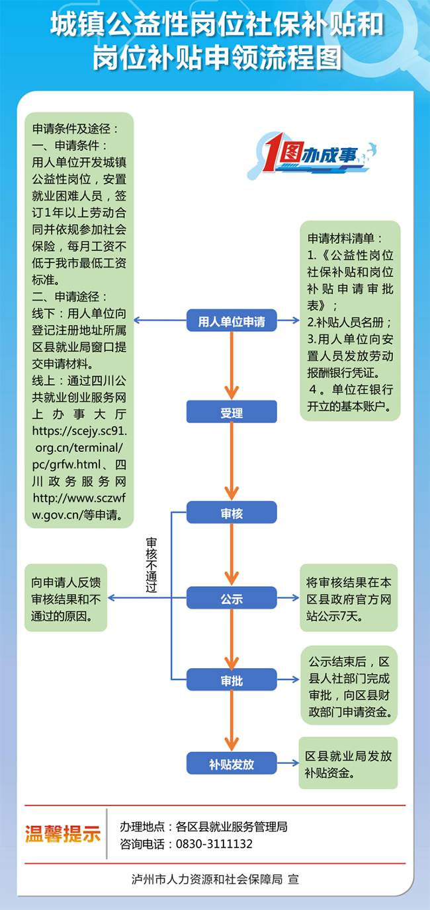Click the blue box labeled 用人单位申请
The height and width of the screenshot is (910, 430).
coord(232,321)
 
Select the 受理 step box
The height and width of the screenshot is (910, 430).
coord(232,412)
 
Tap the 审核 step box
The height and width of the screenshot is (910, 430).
coord(232,512)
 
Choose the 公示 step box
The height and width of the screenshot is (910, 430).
coord(232,597)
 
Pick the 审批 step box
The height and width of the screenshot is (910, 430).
coord(232,679)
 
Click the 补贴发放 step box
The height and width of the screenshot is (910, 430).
coord(232,763)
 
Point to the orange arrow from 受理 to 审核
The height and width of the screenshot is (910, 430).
coord(232,461)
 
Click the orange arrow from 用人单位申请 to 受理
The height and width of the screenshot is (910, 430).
coord(232,366)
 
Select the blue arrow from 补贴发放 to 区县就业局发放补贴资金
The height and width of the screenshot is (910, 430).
coord(288,763)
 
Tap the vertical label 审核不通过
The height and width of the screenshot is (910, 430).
coord(151,564)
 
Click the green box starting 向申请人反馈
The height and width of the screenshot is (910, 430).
coord(66,597)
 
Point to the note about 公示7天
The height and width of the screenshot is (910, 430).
coord(349,597)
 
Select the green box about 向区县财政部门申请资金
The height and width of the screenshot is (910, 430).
coord(349,685)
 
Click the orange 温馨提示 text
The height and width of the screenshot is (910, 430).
coord(63,834)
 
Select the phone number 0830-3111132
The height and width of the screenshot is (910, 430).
coord(214,844)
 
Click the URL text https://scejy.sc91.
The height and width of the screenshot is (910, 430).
coord(79,431)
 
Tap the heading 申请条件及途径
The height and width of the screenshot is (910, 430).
coord(76,129)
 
